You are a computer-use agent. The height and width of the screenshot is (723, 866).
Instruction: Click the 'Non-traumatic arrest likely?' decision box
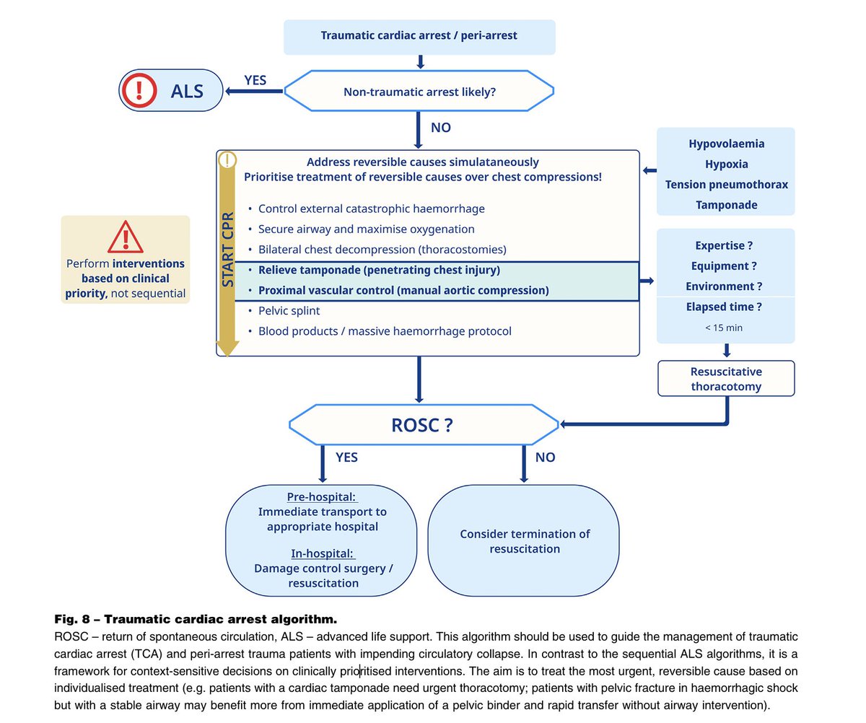pyautogui.click(x=419, y=91)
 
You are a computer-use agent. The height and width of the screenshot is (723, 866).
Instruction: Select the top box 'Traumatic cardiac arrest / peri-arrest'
pyautogui.click(x=419, y=35)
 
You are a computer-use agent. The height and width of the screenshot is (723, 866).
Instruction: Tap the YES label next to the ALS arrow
pyautogui.click(x=255, y=80)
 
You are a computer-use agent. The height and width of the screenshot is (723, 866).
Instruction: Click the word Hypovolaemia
pyautogui.click(x=726, y=144)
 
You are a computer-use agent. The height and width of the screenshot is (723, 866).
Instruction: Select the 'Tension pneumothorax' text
pyautogui.click(x=726, y=184)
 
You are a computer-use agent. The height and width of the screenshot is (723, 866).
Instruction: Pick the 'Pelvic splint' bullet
pyautogui.click(x=289, y=310)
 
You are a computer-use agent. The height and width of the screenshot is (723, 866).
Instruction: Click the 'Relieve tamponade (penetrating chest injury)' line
pyautogui.click(x=379, y=270)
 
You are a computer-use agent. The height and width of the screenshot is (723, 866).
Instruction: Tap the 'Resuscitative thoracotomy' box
pyautogui.click(x=726, y=379)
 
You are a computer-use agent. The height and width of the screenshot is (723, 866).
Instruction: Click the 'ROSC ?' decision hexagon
pyautogui.click(x=422, y=425)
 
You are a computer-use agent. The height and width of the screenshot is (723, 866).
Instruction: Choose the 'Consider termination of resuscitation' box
pyautogui.click(x=524, y=541)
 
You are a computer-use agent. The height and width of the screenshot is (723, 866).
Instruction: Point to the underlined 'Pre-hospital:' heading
pyautogui.click(x=322, y=497)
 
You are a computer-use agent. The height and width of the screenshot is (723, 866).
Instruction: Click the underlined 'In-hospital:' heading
pyautogui.click(x=323, y=553)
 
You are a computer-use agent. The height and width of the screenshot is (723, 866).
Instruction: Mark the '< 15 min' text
pyautogui.click(x=724, y=328)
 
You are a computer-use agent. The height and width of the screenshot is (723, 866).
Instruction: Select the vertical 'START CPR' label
pyautogui.click(x=228, y=238)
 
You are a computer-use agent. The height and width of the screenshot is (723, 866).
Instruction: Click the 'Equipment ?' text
pyautogui.click(x=724, y=266)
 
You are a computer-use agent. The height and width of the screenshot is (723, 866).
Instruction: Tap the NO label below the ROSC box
pyautogui.click(x=545, y=457)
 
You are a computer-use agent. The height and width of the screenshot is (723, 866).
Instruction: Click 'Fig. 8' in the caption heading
pyautogui.click(x=74, y=619)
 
